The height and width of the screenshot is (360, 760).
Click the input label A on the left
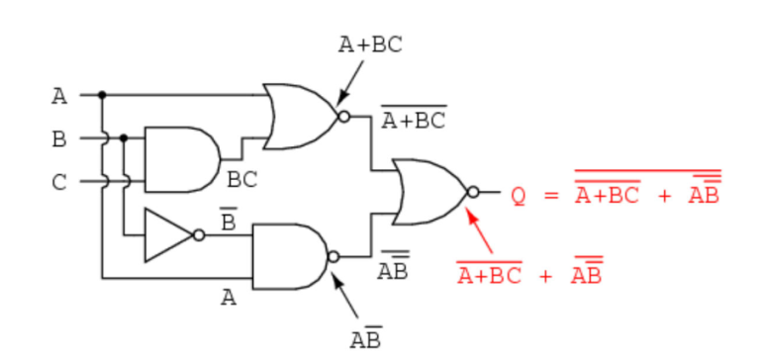59,96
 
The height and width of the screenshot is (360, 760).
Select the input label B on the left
59,139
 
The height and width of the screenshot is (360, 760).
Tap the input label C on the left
59,183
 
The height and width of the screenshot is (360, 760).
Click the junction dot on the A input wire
102,95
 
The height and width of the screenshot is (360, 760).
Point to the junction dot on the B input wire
124,138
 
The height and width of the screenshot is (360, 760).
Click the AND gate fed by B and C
182,159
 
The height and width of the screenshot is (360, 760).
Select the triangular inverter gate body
168,235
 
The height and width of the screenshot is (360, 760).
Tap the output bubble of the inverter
199,235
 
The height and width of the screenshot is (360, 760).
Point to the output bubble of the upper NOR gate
343,117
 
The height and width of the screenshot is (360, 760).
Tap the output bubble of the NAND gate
333,257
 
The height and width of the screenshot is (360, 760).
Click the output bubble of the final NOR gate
473,192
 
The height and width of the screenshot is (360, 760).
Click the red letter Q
519,196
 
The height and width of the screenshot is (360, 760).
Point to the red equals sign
551,196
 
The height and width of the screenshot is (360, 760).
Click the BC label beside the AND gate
241,180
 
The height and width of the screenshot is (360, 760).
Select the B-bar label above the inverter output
228,221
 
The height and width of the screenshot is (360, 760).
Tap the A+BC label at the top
371,45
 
